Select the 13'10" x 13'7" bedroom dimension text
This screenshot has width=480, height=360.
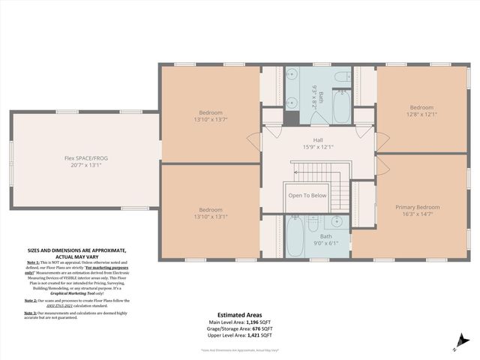pos(211,118)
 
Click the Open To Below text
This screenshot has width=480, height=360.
pos(307,195)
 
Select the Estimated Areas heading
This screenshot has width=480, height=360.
pos(239,315)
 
